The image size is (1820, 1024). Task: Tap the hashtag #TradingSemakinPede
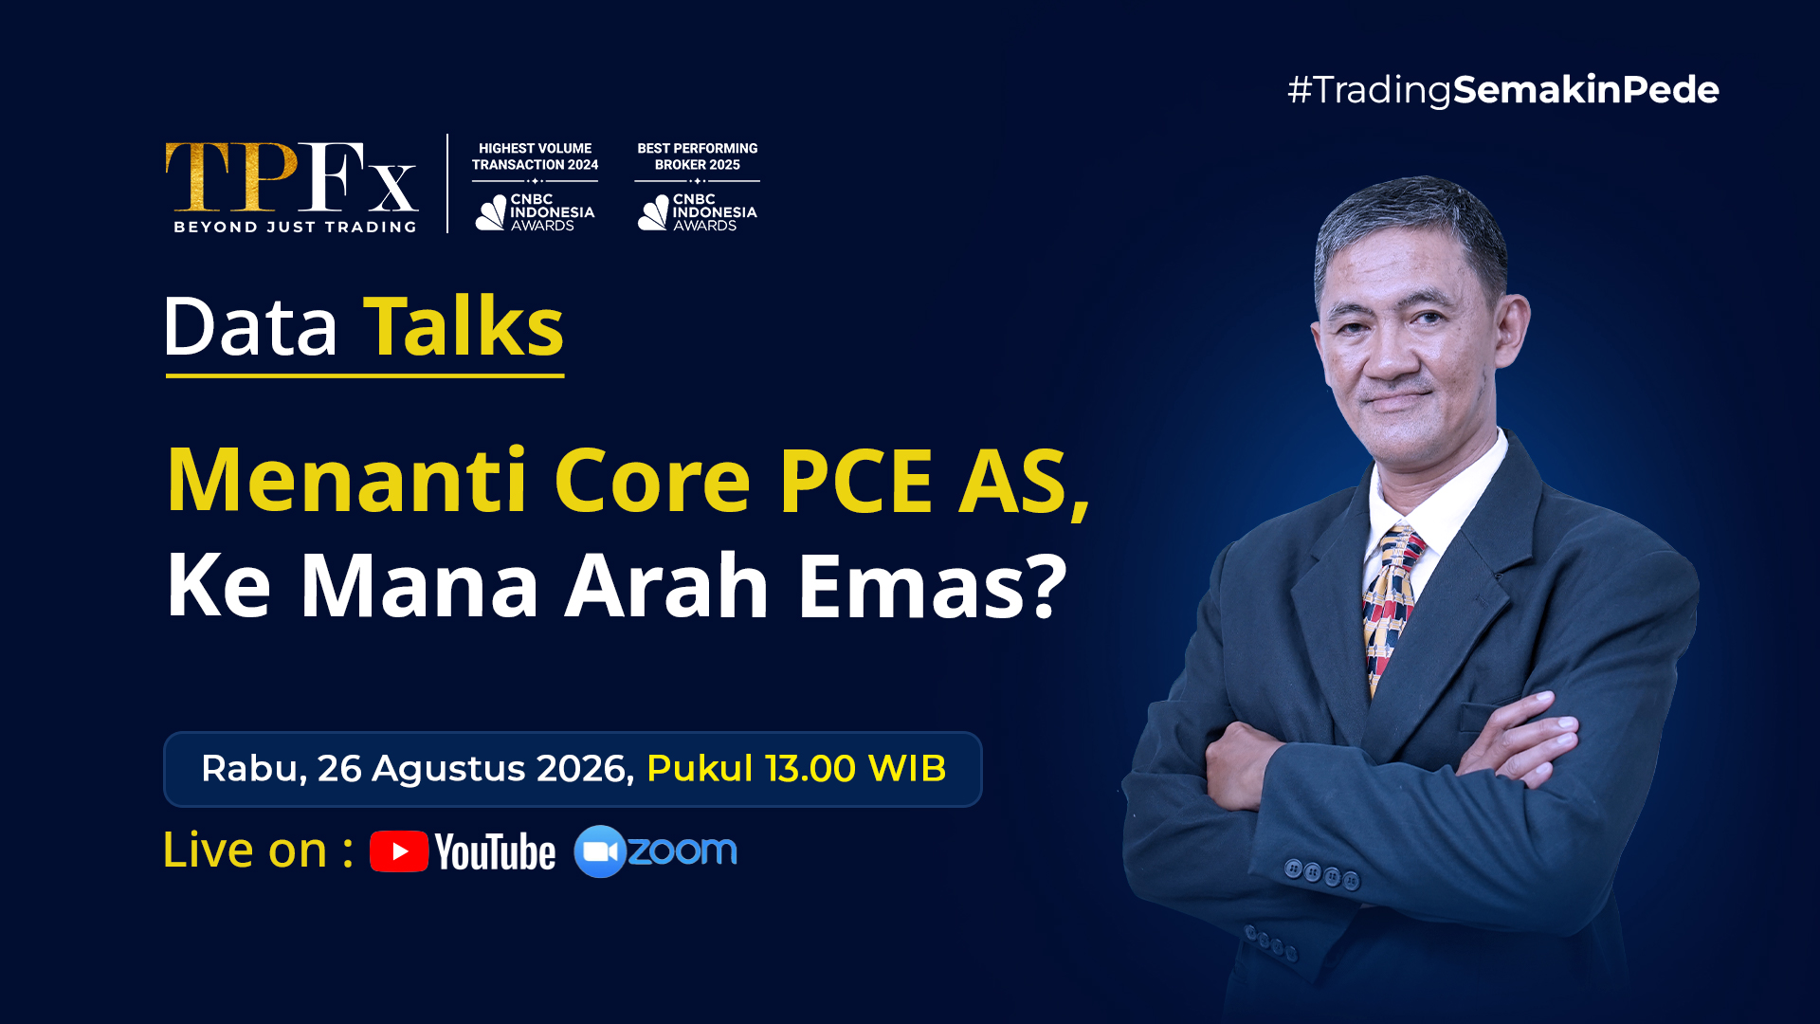click(x=1503, y=90)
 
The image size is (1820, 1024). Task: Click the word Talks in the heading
click(x=464, y=326)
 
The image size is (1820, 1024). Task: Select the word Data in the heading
click(x=250, y=326)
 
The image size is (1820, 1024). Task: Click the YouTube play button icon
click(x=399, y=851)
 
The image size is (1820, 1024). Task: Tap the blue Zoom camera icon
click(x=600, y=851)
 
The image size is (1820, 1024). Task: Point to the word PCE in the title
click(x=856, y=481)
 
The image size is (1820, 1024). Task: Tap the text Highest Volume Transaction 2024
click(x=536, y=156)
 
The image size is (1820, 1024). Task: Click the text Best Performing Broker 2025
click(x=698, y=156)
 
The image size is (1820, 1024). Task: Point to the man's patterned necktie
click(x=1389, y=607)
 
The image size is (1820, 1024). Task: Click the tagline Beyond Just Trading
click(x=295, y=227)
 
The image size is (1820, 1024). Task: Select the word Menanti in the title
click(x=347, y=481)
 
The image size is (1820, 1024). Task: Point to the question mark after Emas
click(x=1048, y=586)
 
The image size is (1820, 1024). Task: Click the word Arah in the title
click(x=667, y=586)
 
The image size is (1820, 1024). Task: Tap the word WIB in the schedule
click(x=907, y=768)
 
